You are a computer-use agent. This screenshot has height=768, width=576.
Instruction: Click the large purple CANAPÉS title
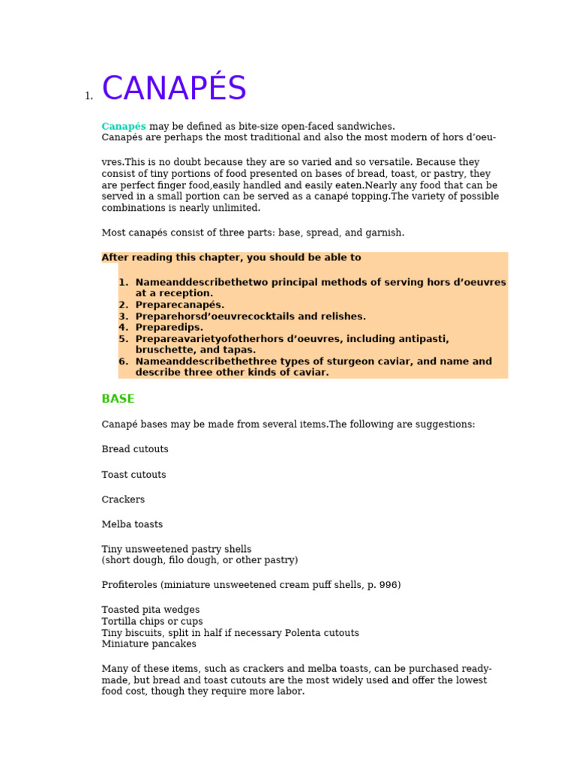[x=174, y=89]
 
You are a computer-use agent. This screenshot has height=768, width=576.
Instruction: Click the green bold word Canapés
[x=124, y=126]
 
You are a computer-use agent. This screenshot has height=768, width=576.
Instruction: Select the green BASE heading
[x=118, y=399]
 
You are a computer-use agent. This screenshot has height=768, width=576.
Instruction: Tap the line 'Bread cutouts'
[x=135, y=449]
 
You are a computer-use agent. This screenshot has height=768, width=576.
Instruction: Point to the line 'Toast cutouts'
[x=133, y=475]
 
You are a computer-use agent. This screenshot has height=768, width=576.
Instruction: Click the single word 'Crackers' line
[x=123, y=499]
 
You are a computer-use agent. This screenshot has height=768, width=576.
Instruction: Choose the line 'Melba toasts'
[x=132, y=524]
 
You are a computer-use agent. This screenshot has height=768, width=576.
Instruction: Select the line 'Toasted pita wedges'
[x=151, y=610]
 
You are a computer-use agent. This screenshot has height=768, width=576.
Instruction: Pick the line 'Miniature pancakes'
[x=148, y=643]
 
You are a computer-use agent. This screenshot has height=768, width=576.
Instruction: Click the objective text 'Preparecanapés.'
[x=180, y=305]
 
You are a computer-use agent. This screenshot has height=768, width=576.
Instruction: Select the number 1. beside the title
[x=88, y=96]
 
